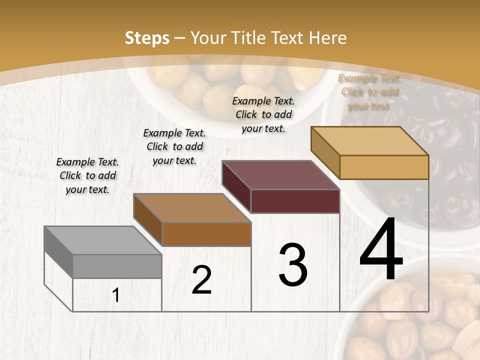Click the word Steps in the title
[147, 38]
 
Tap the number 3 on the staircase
[293, 265]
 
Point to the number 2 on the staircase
[201, 280]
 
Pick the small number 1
[116, 295]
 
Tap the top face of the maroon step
[280, 175]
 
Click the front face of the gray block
[117, 266]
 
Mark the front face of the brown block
[206, 234]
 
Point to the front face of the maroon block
[295, 201]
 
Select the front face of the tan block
[384, 167]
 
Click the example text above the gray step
[87, 175]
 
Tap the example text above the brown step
[174, 146]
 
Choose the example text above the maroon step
[263, 114]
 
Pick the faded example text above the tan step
[369, 92]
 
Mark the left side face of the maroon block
[236, 186]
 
